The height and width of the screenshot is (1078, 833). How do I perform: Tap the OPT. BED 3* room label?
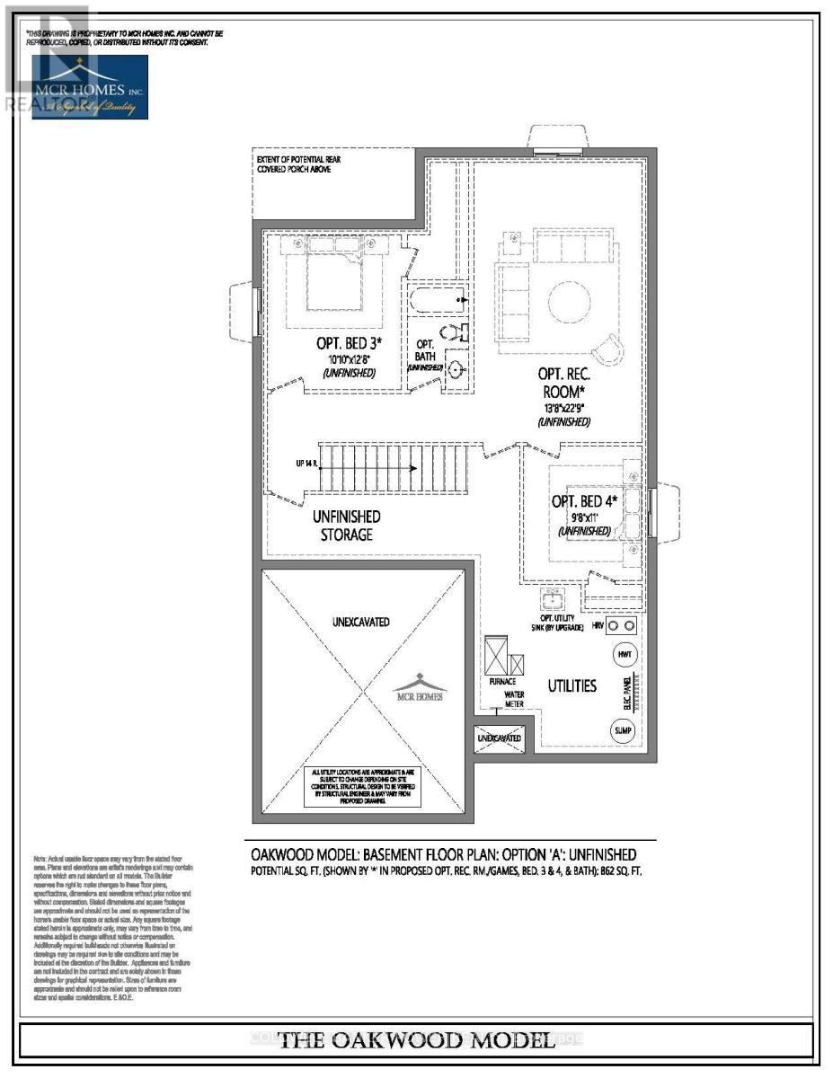coord(350,342)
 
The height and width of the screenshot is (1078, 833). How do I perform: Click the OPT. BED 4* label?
coord(585,501)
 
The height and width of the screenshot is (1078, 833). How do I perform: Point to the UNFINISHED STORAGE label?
coord(346,526)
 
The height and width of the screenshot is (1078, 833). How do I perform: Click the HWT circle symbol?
coord(625,656)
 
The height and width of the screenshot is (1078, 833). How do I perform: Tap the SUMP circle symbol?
coord(624,731)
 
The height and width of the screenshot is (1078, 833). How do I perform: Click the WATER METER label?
coord(514,699)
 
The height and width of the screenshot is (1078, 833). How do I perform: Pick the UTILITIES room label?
coord(572,685)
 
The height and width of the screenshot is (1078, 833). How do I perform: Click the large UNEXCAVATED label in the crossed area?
coord(361,622)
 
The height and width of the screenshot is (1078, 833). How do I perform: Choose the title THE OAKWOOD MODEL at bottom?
coord(416,1041)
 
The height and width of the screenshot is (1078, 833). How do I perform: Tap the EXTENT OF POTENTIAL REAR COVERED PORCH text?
coord(298,164)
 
